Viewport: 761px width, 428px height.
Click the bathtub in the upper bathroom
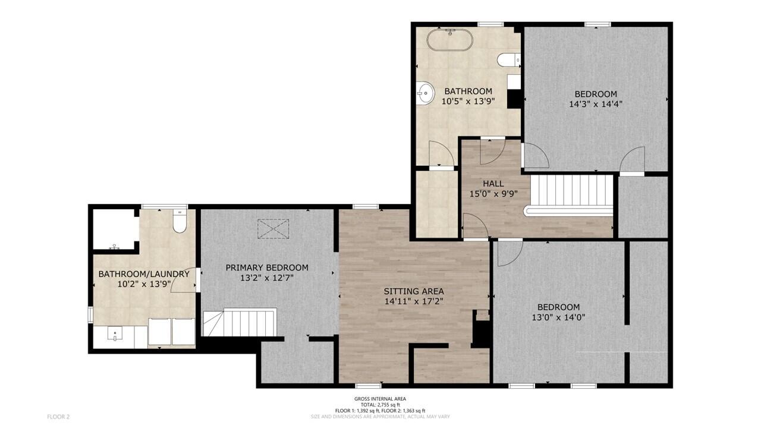449,40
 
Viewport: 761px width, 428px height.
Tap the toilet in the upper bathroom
508,60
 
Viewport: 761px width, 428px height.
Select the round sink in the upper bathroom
425,92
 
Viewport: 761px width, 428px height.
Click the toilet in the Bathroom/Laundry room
180,221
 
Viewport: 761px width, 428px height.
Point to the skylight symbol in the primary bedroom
273,229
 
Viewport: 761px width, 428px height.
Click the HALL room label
493,184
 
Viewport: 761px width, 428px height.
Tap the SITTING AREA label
414,291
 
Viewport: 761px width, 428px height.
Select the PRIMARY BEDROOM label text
267,267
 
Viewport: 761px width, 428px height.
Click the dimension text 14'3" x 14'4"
596,104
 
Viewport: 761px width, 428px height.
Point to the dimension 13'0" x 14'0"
558,317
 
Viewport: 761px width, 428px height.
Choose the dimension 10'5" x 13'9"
468,101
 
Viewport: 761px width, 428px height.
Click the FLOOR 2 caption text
58,417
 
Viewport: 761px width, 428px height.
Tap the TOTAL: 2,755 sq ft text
380,405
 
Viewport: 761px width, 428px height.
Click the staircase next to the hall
571,195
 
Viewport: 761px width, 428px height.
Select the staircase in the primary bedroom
240,322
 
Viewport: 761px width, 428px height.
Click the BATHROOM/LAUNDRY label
144,274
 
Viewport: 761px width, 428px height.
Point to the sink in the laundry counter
115,333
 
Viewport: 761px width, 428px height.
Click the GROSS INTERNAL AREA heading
380,399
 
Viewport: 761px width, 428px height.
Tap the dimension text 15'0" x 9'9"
493,194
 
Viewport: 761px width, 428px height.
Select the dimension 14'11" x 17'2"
414,301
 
